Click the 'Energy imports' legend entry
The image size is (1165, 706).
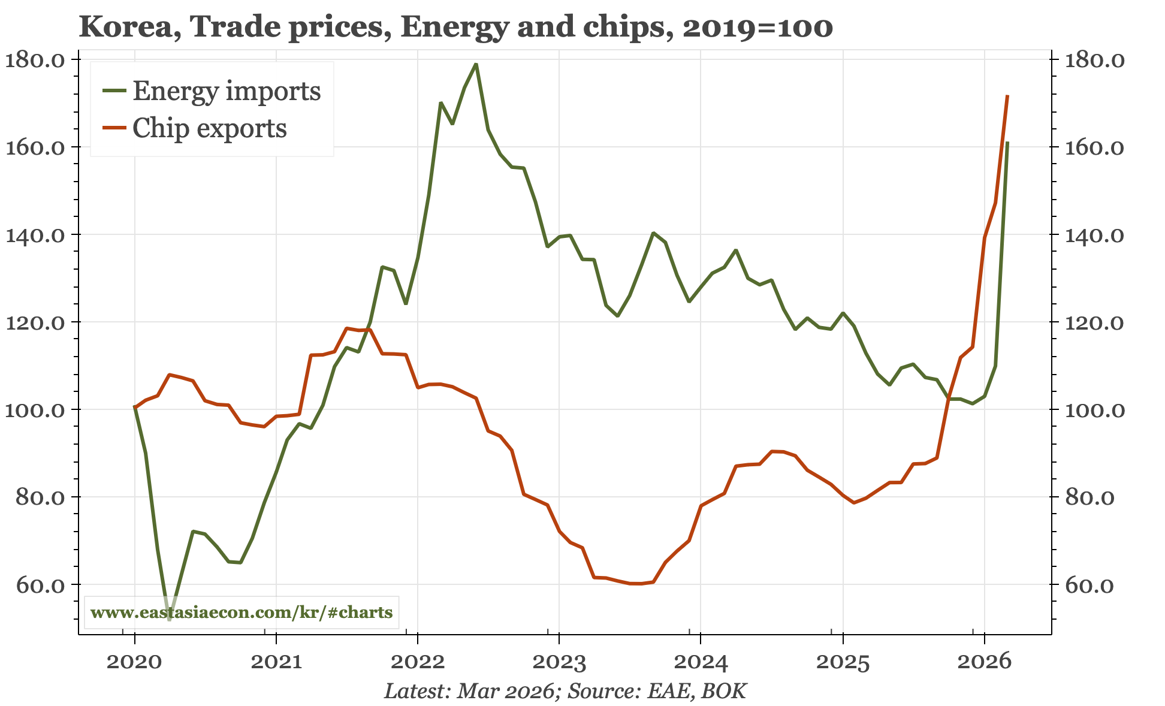pos(226,91)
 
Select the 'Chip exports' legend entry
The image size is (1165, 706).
pos(209,128)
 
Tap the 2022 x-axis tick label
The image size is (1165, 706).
pos(417,662)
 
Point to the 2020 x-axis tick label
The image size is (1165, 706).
pos(134,662)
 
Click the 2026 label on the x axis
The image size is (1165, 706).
pos(984,662)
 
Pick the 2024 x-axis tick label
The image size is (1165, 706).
pos(701,662)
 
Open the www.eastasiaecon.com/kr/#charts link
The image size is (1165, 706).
pos(241,613)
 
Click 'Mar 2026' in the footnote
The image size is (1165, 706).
pos(505,691)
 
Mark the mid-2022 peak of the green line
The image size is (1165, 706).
pos(475,64)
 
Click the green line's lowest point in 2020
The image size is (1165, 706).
pos(170,619)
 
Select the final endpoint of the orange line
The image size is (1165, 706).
pos(1007,96)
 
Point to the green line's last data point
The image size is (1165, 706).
pos(1007,143)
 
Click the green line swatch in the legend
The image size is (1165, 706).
pos(114,90)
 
